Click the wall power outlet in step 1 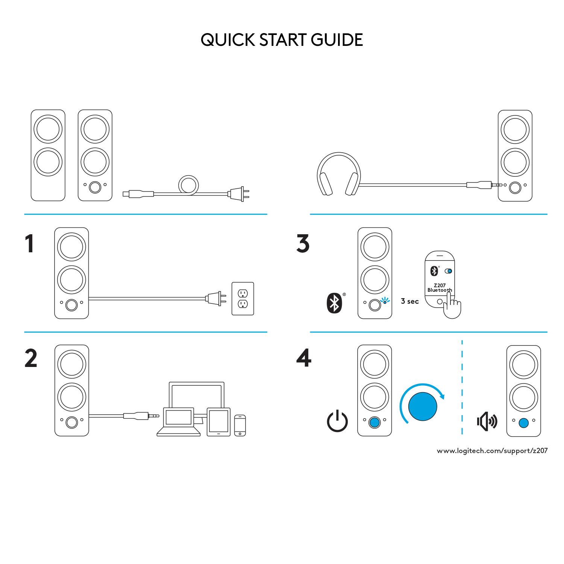pyautogui.click(x=243, y=299)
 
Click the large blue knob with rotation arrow pyautogui.click(x=422, y=406)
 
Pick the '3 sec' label pyautogui.click(x=409, y=301)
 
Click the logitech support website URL pyautogui.click(x=492, y=451)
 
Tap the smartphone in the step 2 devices pyautogui.click(x=240, y=425)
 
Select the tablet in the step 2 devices pyautogui.click(x=218, y=422)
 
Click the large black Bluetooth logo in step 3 pyautogui.click(x=334, y=303)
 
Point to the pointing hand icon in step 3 pyautogui.click(x=451, y=306)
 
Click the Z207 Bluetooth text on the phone pyautogui.click(x=439, y=288)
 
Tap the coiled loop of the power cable pyautogui.click(x=188, y=185)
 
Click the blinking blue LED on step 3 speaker pyautogui.click(x=384, y=301)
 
